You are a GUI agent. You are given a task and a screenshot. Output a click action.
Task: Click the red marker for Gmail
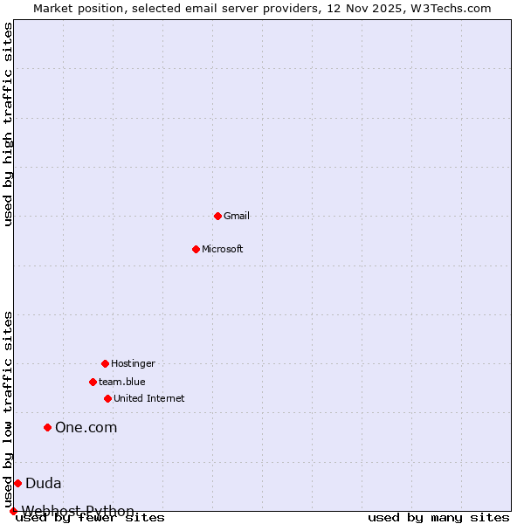217,216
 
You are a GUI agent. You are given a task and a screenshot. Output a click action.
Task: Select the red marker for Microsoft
196,249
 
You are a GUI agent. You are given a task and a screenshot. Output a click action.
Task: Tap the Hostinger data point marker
105,363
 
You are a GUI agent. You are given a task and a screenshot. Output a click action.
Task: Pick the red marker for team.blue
93,382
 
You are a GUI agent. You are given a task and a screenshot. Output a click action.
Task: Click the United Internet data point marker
107,398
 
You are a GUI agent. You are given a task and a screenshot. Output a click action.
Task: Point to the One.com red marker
48,427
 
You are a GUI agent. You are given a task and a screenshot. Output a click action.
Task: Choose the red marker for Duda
17,483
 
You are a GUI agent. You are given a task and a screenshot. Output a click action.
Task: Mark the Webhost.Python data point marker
13,511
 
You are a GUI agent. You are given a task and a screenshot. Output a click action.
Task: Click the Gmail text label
237,216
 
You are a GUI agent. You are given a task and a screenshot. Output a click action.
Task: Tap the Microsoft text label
223,249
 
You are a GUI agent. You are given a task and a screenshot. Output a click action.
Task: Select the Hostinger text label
133,363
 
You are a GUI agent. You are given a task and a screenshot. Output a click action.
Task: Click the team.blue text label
122,382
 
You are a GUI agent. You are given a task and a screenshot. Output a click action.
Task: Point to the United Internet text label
149,398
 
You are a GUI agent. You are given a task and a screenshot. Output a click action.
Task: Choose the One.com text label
86,427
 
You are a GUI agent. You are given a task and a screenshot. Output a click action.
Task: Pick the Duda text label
44,483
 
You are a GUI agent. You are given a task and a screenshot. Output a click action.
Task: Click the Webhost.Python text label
79,511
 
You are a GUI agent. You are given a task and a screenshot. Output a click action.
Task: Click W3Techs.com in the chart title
451,8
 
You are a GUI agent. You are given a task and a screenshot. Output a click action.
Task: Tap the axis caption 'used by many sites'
438,517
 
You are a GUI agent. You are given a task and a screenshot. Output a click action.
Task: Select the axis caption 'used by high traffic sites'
9,124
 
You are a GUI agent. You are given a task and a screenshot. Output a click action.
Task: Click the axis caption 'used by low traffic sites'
9,409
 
